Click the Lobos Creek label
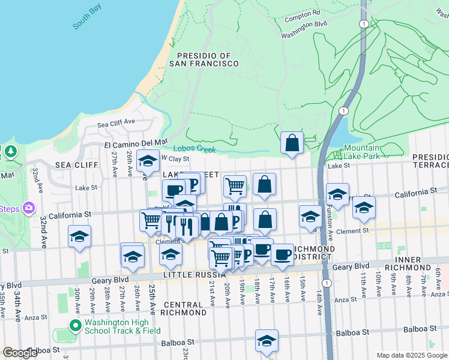pos(194,149)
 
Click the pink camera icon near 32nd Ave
pos(28,209)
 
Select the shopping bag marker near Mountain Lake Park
pos(292,143)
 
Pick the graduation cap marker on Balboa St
pos(267,340)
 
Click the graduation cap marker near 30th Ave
pos(79,236)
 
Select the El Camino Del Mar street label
pos(136,144)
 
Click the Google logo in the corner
pos(19,353)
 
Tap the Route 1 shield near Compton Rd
pos(363,23)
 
